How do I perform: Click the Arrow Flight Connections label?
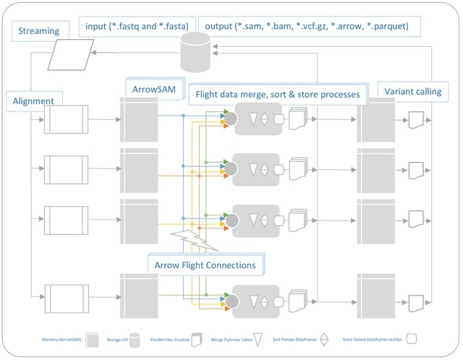coord(205,265)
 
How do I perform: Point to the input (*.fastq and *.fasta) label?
coord(138,26)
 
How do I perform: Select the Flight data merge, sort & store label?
coord(273,93)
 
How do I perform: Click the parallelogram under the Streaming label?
coord(71,55)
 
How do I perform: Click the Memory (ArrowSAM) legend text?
coord(60,338)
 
